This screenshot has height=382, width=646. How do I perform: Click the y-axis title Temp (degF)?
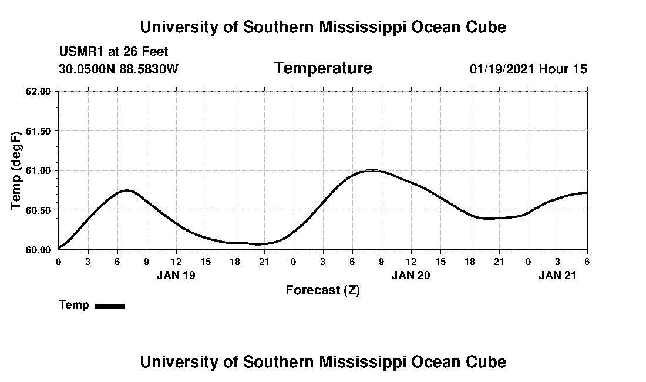16,170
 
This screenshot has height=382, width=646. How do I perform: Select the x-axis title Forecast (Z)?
322,290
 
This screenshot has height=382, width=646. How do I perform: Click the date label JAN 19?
176,274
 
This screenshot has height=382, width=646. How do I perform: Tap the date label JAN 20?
411,274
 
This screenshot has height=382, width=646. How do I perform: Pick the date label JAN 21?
557,274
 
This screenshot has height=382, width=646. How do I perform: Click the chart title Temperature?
322,69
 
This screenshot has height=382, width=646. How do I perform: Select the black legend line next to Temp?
109,306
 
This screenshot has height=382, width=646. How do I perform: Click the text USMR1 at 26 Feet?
113,52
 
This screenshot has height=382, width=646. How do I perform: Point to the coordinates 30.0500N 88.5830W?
118,69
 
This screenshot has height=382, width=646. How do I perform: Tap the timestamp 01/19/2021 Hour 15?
528,69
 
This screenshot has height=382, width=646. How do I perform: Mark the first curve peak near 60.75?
127,190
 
